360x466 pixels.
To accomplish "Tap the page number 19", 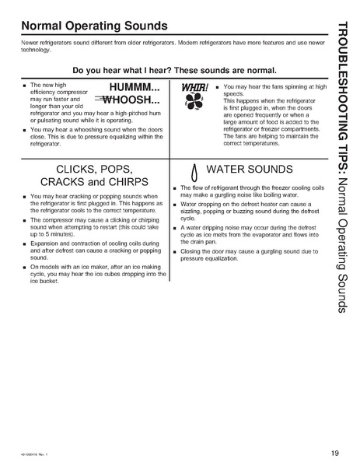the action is [x=334, y=454].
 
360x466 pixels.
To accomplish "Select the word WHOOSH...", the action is [x=134, y=101].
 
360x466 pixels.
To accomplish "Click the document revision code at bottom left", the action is [x=26, y=455].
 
